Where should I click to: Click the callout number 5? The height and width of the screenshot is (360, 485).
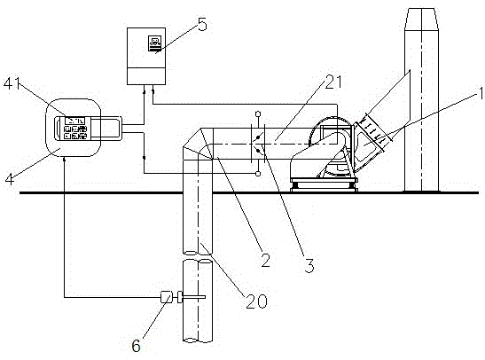click(x=202, y=25)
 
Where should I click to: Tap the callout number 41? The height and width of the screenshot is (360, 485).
click(x=12, y=83)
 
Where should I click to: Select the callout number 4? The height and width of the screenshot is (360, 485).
click(x=10, y=179)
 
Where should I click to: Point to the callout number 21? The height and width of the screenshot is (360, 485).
click(x=332, y=82)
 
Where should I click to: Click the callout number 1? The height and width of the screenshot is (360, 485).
click(x=481, y=93)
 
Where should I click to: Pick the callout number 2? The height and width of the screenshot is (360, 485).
click(x=265, y=261)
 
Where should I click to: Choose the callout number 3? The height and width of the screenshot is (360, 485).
click(x=309, y=265)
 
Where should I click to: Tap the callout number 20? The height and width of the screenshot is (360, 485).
click(x=257, y=301)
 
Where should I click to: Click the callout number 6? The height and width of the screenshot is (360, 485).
click(x=136, y=346)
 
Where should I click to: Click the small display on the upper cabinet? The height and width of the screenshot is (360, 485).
click(x=154, y=43)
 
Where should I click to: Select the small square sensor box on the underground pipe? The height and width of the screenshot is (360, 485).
click(x=167, y=297)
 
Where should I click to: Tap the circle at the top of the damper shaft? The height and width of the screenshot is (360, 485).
click(x=258, y=113)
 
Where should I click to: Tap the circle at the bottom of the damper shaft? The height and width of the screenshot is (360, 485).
click(x=258, y=174)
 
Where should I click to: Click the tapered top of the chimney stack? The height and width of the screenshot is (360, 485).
click(x=421, y=19)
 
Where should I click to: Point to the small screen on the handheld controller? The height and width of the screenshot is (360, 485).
click(x=74, y=121)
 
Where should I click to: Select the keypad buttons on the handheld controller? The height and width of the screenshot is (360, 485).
click(x=75, y=132)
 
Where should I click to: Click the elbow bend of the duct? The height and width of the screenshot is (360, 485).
click(x=198, y=144)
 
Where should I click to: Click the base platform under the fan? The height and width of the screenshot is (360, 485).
click(x=324, y=185)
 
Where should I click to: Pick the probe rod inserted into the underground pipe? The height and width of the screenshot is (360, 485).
click(x=193, y=297)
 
